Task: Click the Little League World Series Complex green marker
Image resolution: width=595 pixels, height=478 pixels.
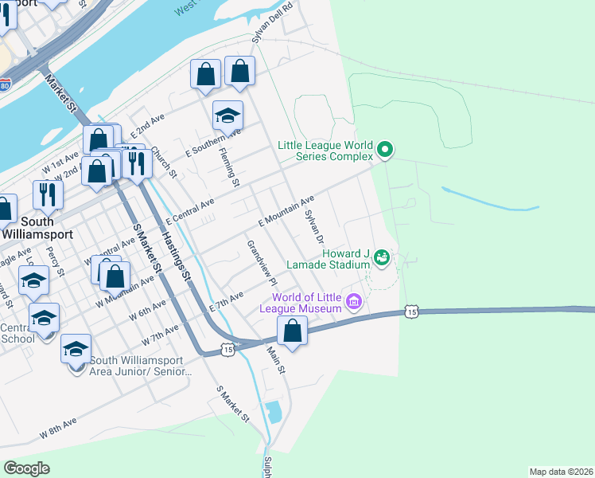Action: [x=385, y=149]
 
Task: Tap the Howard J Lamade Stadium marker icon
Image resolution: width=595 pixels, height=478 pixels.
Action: [x=382, y=257]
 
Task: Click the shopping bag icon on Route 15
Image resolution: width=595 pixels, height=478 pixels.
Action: [x=293, y=330]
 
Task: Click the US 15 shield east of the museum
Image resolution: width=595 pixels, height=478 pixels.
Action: [x=410, y=311]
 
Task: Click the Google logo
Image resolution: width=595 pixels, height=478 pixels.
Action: [x=26, y=468]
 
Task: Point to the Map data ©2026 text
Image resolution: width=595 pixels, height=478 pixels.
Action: [x=560, y=471]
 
